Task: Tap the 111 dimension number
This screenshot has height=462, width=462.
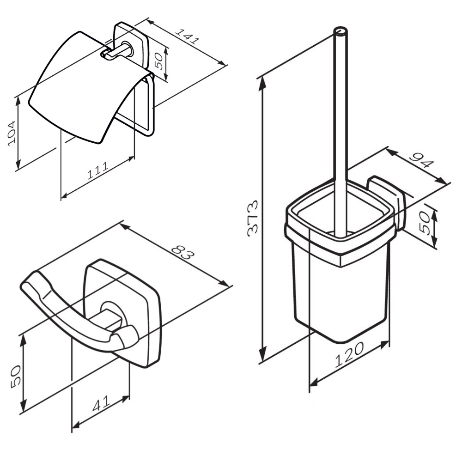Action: pos(98,170)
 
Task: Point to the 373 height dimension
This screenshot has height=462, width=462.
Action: pos(253,218)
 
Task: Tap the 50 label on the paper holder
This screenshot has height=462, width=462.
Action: pos(158,61)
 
